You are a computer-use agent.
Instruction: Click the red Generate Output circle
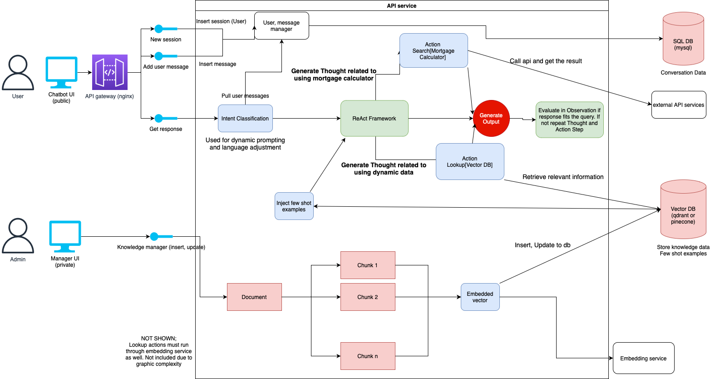[491, 119]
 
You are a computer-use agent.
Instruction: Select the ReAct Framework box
[375, 119]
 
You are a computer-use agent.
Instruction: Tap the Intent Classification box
[245, 119]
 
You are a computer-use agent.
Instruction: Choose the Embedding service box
[643, 358]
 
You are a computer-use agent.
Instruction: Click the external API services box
[679, 105]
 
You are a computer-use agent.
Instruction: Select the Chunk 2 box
[368, 297]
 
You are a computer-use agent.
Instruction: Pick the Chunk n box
[368, 356]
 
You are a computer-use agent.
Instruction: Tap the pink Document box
[254, 297]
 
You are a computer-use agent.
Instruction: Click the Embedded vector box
[480, 297]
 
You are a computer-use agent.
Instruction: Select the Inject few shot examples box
[294, 206]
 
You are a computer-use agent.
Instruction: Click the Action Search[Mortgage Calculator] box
[434, 50]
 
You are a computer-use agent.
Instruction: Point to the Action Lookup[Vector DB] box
[470, 162]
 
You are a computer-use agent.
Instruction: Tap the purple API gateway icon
[110, 72]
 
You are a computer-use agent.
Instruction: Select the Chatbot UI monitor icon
[61, 72]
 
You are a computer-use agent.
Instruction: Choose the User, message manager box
[281, 26]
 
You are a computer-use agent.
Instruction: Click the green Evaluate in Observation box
[569, 120]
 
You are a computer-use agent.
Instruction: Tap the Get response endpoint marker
[159, 119]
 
